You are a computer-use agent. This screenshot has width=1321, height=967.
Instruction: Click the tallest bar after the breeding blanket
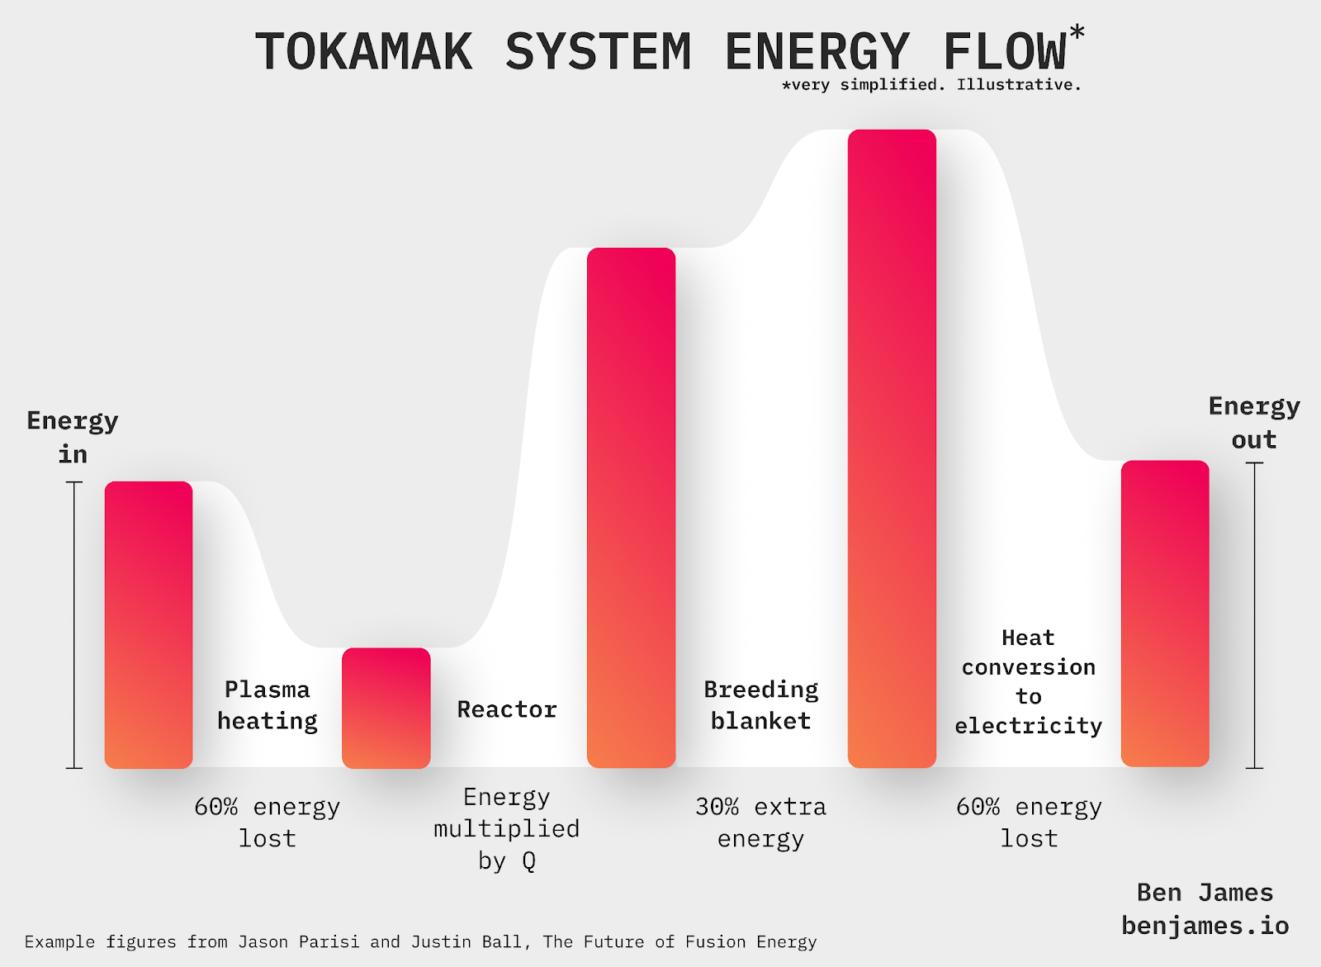(x=892, y=448)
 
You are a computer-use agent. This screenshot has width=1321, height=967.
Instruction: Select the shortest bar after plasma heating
(x=386, y=708)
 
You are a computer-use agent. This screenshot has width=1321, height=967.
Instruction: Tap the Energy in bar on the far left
(x=149, y=624)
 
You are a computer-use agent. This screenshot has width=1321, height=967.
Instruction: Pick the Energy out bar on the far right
(x=1164, y=614)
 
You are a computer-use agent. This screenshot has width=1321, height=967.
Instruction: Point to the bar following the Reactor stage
(x=631, y=508)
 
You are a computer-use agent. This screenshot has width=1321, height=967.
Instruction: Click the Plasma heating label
(x=268, y=705)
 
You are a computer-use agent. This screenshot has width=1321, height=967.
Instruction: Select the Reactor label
(x=507, y=709)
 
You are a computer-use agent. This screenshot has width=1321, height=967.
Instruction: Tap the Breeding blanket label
(x=760, y=705)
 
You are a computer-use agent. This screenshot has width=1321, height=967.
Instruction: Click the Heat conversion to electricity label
(x=1029, y=681)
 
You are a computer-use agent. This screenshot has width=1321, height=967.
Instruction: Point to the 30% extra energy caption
(x=760, y=822)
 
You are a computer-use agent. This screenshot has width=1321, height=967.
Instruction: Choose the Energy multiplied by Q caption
(x=507, y=828)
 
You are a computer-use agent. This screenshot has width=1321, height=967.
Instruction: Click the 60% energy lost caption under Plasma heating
(x=268, y=822)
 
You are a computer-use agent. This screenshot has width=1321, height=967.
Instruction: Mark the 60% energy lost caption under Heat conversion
(x=1029, y=822)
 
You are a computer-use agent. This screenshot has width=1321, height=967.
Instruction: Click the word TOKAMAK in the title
(x=364, y=52)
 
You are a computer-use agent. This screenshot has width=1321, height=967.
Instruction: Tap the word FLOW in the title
(x=1005, y=52)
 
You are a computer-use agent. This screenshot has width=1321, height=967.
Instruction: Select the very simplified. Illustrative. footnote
(x=931, y=85)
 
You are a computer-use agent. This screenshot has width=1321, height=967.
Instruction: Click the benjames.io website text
(x=1205, y=926)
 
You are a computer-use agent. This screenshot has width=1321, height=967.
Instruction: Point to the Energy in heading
(x=73, y=437)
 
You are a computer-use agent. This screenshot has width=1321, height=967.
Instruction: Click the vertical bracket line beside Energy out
(x=1254, y=615)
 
